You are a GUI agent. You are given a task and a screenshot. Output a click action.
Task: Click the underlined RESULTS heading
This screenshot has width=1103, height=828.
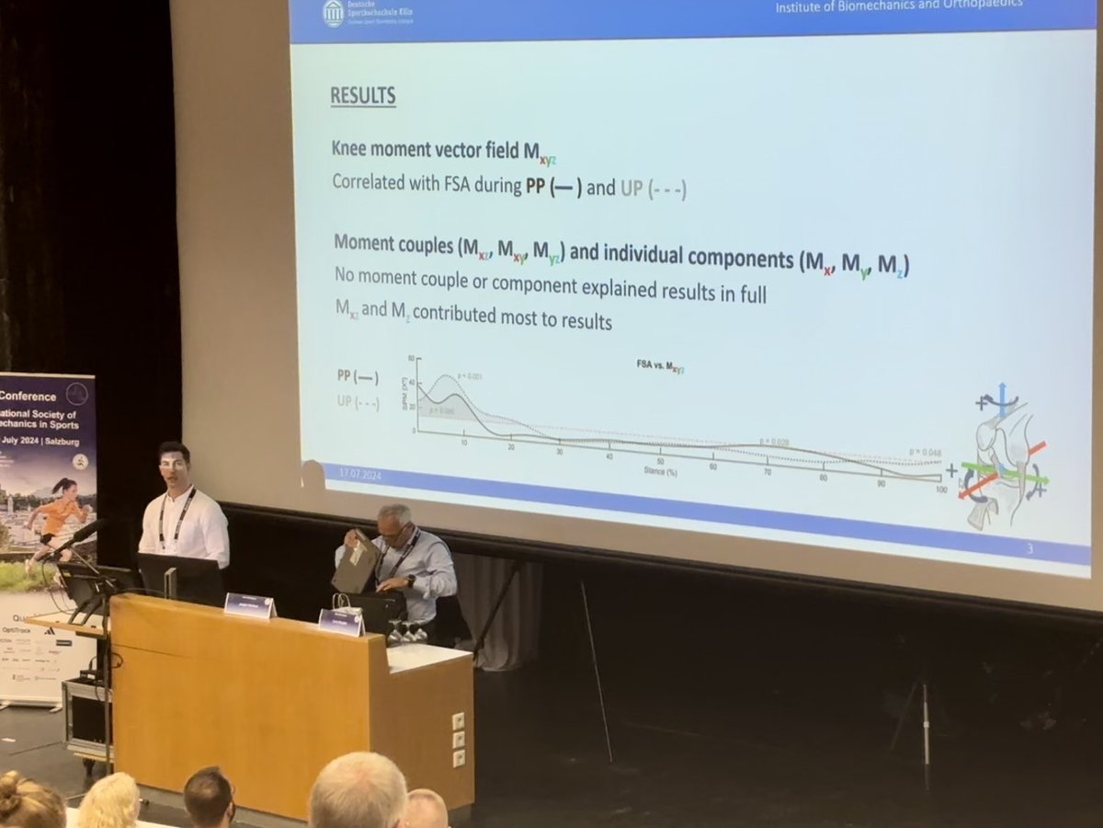(362, 96)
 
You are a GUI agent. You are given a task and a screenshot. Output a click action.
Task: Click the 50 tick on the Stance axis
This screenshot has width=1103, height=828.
(659, 461)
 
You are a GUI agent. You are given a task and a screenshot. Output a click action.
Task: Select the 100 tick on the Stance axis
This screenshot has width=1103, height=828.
(939, 489)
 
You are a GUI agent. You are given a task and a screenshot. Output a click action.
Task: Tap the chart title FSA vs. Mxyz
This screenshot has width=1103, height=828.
(660, 367)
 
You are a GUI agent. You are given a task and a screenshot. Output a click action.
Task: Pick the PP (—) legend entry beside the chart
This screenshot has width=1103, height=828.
(357, 376)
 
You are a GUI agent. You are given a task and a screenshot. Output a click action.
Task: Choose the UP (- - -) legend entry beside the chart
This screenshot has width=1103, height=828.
(357, 402)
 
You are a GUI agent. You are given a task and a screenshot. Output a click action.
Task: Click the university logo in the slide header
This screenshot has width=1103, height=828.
(333, 13)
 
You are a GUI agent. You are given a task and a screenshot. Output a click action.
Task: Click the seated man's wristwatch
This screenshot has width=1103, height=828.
(409, 581)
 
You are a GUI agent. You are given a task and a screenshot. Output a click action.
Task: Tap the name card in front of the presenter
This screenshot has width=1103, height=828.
(249, 604)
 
